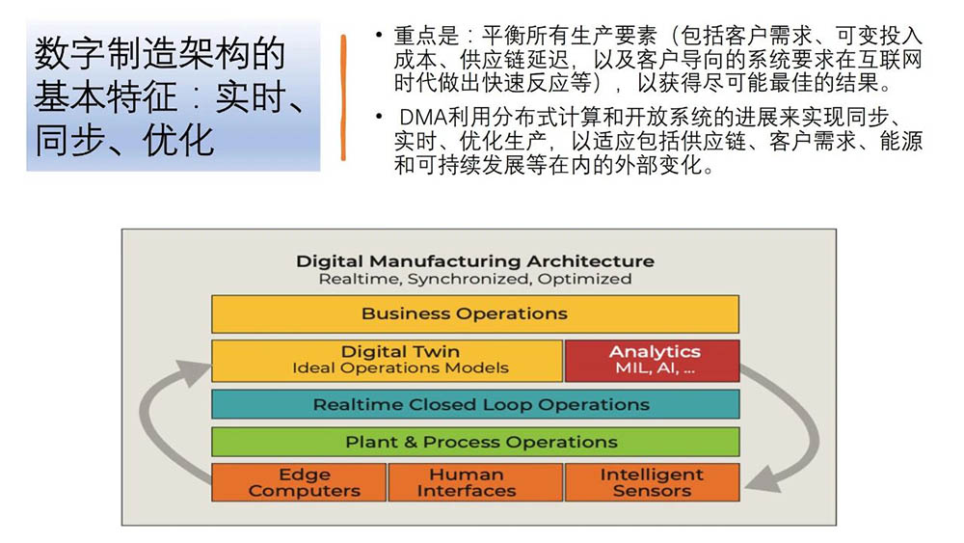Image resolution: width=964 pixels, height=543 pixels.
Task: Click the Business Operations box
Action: pos(474,314)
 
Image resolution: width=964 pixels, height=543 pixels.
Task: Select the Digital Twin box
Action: pos(387,360)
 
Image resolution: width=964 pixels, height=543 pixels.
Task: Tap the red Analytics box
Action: pos(652,360)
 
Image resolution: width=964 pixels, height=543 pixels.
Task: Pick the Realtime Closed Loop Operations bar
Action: pos(474,404)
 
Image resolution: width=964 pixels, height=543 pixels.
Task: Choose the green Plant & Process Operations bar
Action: pos(474,442)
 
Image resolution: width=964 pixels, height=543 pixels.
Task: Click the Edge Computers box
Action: pos(299,482)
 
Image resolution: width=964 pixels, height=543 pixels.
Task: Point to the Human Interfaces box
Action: pos(474,482)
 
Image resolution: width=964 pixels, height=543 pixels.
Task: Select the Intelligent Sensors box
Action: pos(652,482)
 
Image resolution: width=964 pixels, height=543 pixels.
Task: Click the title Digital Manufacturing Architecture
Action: pos(474,261)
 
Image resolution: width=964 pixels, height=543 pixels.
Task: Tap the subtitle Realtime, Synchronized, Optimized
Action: pos(474,280)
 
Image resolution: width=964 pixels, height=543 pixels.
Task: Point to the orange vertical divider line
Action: pos(343,97)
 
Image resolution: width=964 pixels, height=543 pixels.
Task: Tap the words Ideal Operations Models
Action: pos(400,368)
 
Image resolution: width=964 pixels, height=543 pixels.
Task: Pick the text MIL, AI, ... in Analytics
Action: pos(654,368)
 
